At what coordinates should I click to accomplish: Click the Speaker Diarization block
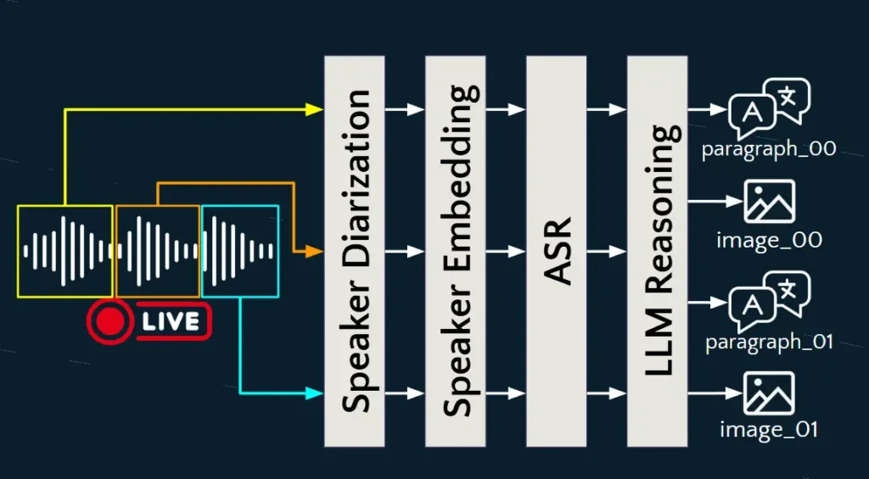pos(354,251)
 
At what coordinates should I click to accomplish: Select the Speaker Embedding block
pos(455,251)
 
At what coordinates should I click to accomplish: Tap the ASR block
pos(556,251)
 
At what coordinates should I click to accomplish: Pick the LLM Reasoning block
pos(657,251)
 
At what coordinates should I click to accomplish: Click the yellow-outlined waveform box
pos(65,251)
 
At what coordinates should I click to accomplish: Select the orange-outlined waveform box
pos(158,251)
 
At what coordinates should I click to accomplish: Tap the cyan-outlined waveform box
pos(240,251)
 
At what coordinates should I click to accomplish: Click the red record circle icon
pos(109,322)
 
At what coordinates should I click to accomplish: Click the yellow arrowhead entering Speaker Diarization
pos(315,109)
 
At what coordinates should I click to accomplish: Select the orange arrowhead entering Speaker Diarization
pos(315,252)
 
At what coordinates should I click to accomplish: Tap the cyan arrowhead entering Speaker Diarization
pos(315,393)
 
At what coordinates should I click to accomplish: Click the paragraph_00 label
pos(769,149)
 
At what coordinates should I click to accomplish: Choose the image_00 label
pos(769,240)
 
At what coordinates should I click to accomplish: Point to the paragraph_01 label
pos(769,343)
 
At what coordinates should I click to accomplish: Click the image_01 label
pos(769,430)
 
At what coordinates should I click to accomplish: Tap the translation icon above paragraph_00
pos(769,109)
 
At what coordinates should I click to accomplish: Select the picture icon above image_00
pos(769,202)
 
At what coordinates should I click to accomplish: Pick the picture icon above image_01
pos(769,393)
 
